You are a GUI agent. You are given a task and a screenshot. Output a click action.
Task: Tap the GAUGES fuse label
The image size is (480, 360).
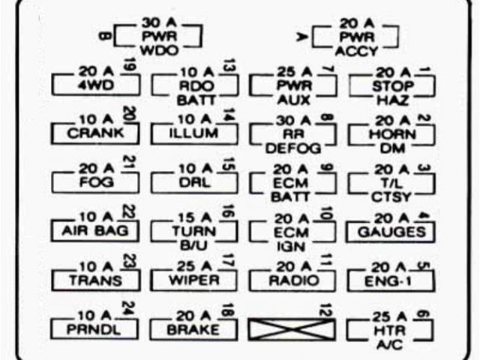pos(389,232)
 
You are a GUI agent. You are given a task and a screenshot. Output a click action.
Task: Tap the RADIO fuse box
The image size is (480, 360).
pos(292,280)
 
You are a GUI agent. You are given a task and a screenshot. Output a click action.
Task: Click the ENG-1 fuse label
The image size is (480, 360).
pos(390,280)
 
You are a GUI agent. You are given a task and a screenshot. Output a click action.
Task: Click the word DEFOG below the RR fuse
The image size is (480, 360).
pos(292,148)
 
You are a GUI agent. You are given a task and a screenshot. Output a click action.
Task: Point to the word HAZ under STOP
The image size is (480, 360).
pos(389,100)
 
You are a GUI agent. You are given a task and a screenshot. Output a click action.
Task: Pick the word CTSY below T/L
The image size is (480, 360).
pos(389,197)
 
